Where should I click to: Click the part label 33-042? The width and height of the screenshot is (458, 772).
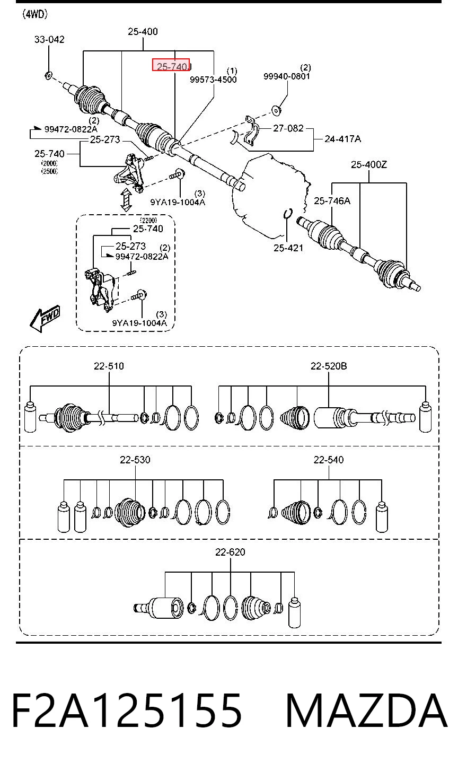(x=49, y=40)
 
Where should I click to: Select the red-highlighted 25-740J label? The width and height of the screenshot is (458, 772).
(x=171, y=65)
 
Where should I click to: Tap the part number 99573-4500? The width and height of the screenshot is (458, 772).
(x=213, y=80)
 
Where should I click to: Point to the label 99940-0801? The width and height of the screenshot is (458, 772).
(x=287, y=76)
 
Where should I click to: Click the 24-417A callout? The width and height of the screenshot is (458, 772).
(x=342, y=139)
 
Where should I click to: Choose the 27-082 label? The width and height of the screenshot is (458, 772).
(x=288, y=128)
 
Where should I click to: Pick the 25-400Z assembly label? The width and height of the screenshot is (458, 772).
(x=369, y=165)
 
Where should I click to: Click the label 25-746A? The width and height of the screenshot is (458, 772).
(x=332, y=200)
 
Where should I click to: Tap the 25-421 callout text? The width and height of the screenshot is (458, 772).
(x=288, y=248)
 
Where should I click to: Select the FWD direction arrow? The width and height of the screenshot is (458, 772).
(x=45, y=319)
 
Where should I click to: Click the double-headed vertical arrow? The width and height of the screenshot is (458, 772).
(x=126, y=199)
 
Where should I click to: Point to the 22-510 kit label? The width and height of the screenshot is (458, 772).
(x=109, y=366)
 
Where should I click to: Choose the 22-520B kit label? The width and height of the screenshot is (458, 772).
(x=329, y=366)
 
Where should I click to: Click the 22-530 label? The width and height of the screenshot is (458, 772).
(x=135, y=460)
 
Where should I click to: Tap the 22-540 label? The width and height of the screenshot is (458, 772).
(x=329, y=460)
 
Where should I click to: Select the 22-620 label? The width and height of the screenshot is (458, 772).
(x=230, y=552)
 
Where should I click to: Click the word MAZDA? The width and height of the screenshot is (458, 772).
(x=367, y=711)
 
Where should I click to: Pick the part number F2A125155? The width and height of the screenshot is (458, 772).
(x=127, y=711)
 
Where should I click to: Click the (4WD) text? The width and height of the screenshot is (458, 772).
(x=35, y=14)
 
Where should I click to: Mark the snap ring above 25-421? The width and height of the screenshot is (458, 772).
(x=288, y=214)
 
